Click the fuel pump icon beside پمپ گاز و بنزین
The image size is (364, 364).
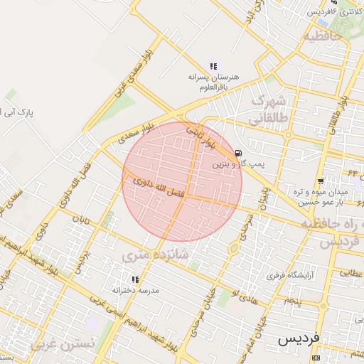237,153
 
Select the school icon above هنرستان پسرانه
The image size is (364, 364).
213,65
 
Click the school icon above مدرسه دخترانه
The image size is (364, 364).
135,279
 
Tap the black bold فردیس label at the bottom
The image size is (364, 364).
299,340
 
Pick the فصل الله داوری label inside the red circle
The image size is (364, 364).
159,188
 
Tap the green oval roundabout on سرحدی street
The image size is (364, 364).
233,248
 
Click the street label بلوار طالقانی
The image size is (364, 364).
337,114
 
